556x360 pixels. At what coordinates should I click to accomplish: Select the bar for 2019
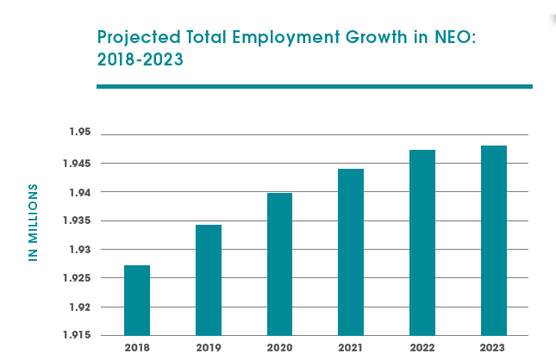pos(209,280)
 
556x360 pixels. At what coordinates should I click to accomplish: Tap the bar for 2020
pos(279,264)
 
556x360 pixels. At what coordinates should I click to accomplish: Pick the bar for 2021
pos(351,251)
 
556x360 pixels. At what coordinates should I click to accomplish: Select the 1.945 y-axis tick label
pos(78,163)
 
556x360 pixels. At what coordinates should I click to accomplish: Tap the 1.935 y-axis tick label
pos(78,220)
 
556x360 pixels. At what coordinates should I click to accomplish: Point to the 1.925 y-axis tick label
pos(78,278)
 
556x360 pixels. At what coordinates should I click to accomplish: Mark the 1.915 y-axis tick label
pos(78,335)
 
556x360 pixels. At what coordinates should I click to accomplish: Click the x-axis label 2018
pos(137,349)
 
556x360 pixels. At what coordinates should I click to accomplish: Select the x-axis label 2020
pos(279,349)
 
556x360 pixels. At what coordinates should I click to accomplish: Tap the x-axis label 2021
pos(351,349)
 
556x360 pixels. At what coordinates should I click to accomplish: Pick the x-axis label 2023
pos(494,349)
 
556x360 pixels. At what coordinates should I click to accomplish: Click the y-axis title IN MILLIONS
pos(34,222)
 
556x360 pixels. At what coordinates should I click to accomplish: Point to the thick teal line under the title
pos(314,86)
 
